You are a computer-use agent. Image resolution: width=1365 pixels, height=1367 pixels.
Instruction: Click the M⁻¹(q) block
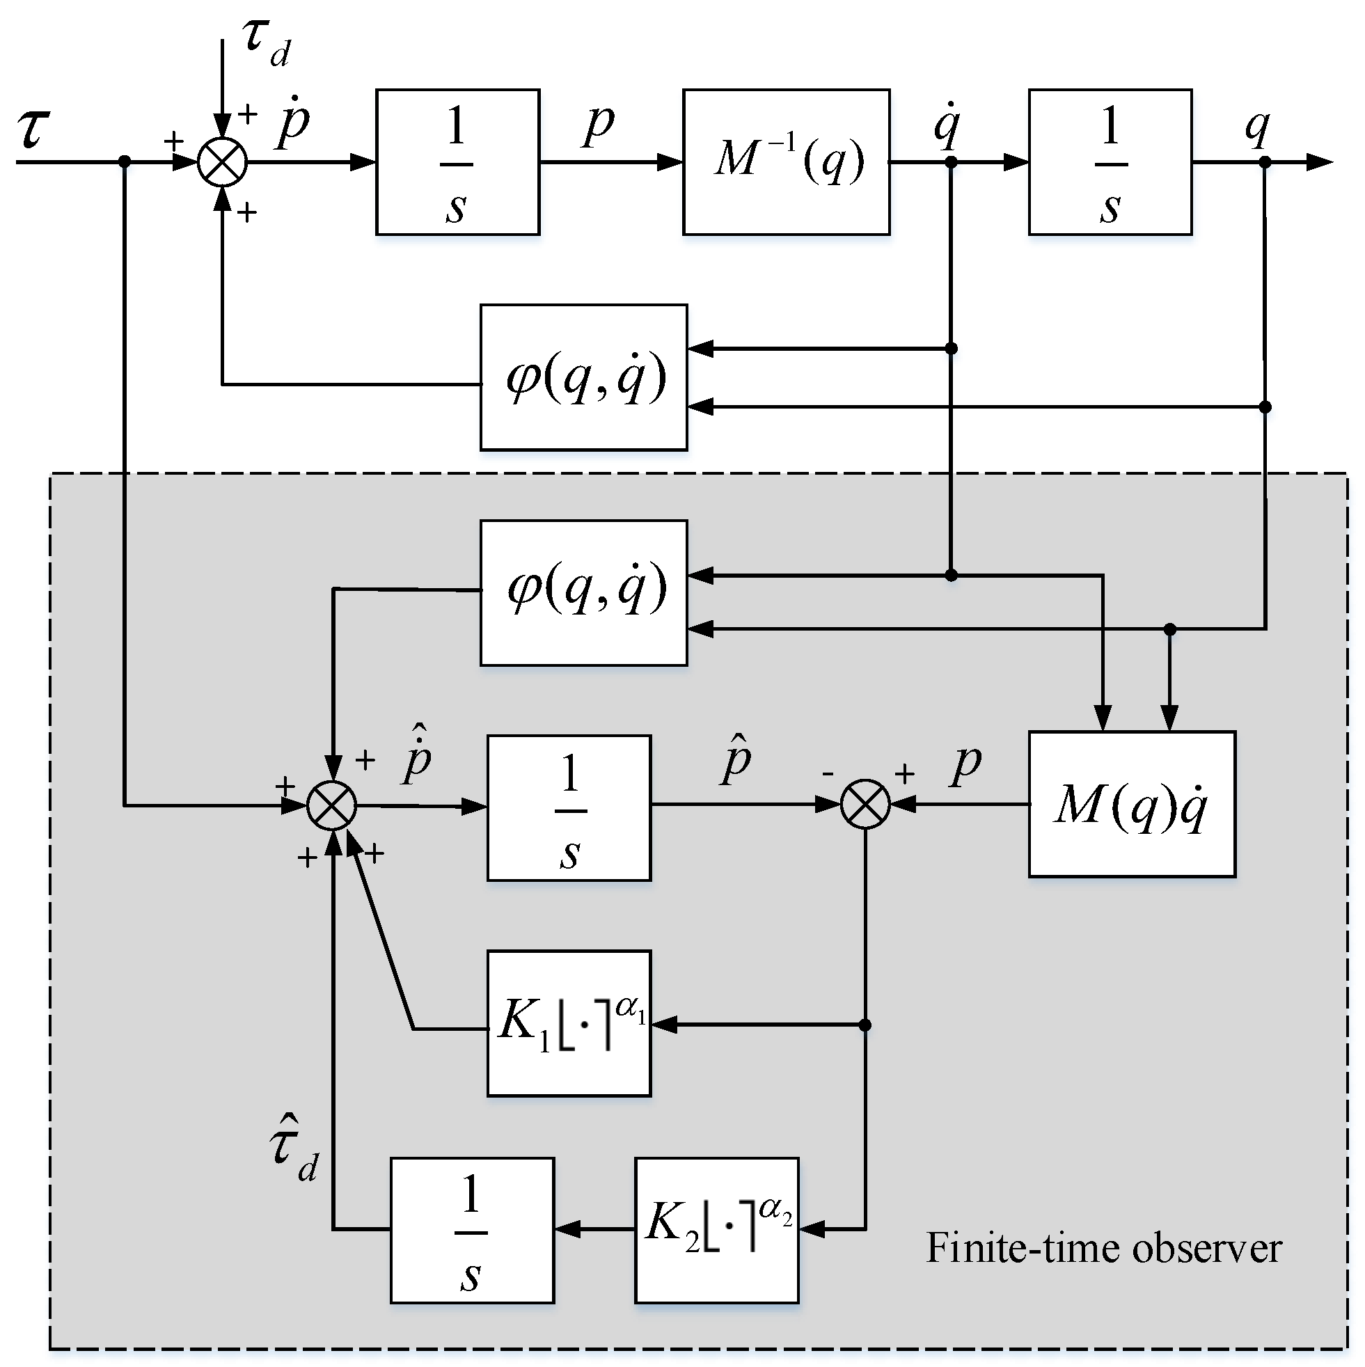tap(785, 161)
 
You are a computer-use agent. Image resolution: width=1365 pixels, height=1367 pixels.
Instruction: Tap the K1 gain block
tap(569, 1023)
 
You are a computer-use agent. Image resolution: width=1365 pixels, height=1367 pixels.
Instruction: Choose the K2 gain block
tap(716, 1230)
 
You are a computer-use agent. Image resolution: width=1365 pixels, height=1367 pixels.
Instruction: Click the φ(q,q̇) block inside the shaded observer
tap(583, 593)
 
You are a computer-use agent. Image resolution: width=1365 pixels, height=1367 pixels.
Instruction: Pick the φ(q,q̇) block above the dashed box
tap(583, 377)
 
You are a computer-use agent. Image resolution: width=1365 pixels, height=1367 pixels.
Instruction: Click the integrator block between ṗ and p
tap(457, 161)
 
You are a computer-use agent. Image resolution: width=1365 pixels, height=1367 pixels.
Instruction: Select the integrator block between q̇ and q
tap(1110, 161)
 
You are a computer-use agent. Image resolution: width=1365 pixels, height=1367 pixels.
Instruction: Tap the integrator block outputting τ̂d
tap(472, 1230)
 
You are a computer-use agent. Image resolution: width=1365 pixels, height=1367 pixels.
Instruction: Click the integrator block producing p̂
tap(569, 807)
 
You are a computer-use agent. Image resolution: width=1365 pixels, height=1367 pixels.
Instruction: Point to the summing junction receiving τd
tap(222, 162)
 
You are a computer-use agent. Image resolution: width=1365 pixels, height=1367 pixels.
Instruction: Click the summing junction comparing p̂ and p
tap(865, 805)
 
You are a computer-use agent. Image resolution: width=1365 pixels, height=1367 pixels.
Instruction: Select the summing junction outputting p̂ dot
tap(332, 805)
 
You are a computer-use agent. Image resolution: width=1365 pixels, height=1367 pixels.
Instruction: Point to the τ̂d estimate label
tap(293, 1147)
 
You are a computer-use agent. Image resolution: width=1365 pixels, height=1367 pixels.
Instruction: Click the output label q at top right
tap(1256, 127)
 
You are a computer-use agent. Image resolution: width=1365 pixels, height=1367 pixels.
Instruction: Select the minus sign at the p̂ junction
tap(828, 773)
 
